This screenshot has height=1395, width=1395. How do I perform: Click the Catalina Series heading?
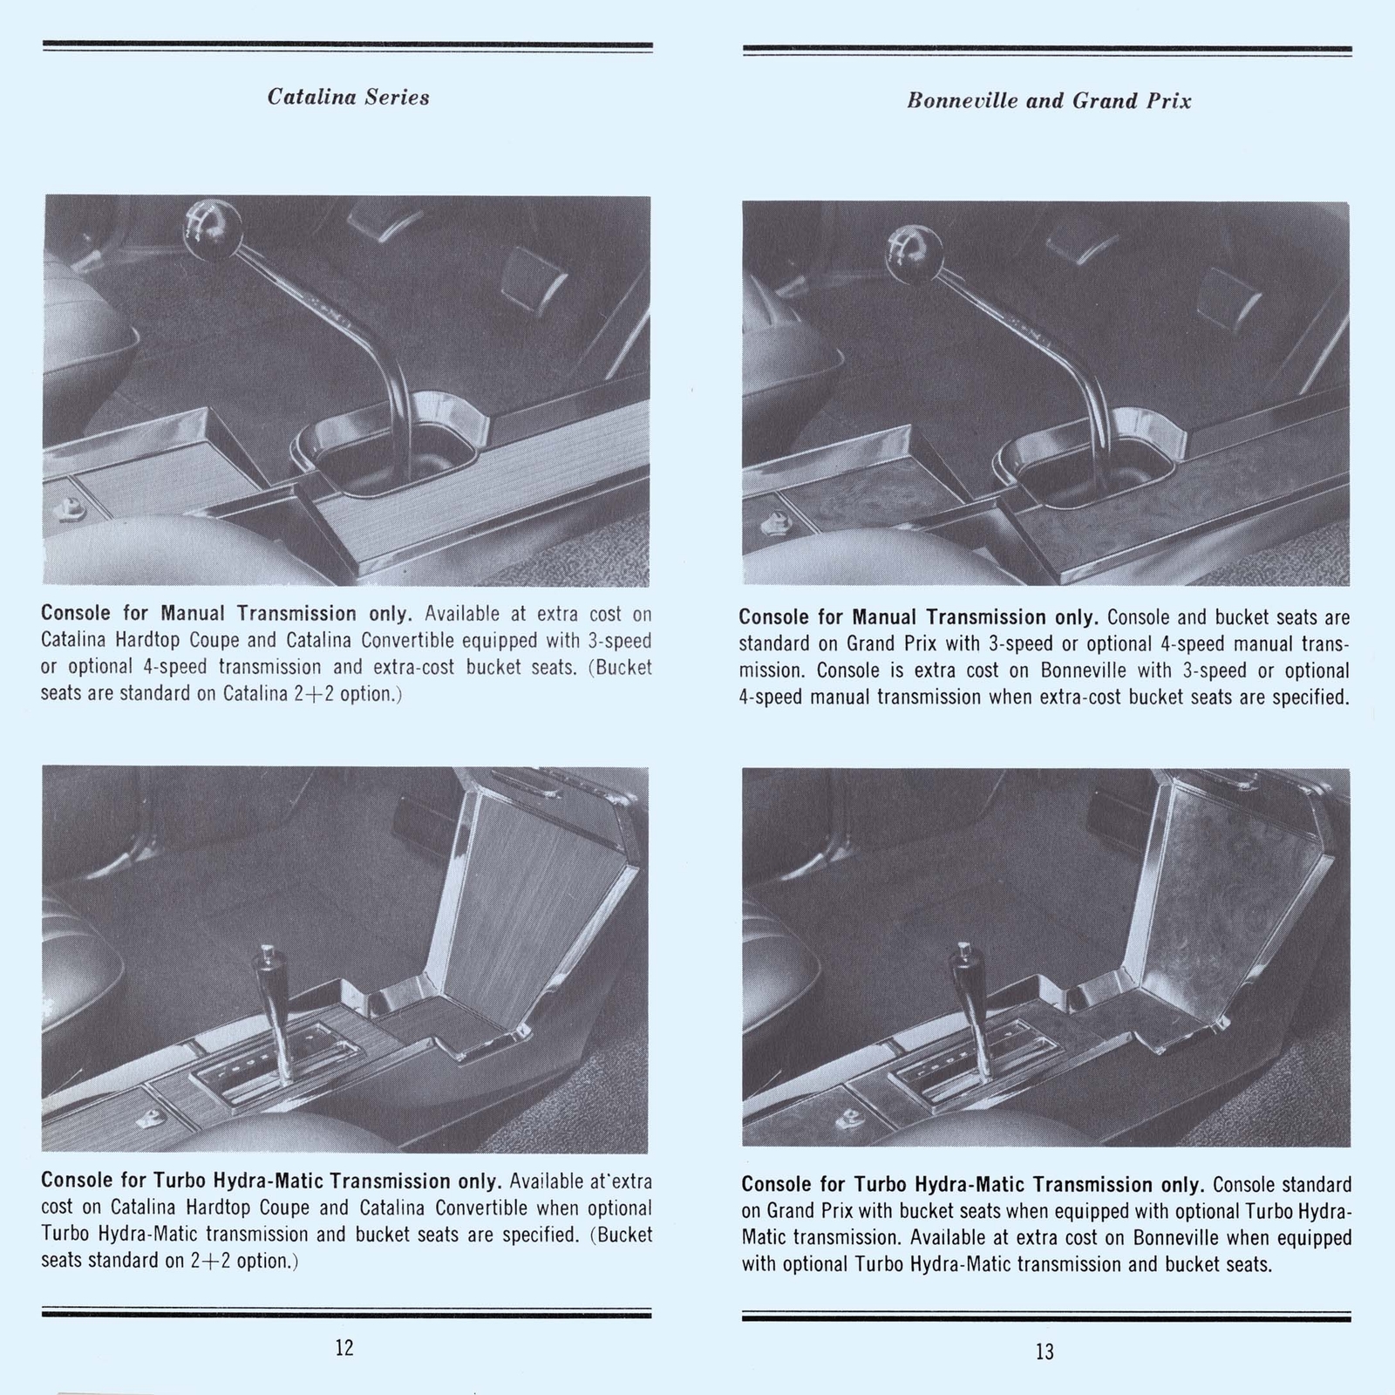coord(348,97)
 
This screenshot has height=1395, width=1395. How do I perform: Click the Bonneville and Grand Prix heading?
coord(1048,100)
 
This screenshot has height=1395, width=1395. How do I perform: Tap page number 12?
coord(344,1347)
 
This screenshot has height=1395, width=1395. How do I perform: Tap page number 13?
coord(1045,1351)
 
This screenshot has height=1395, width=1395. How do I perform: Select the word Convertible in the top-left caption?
coord(408,641)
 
